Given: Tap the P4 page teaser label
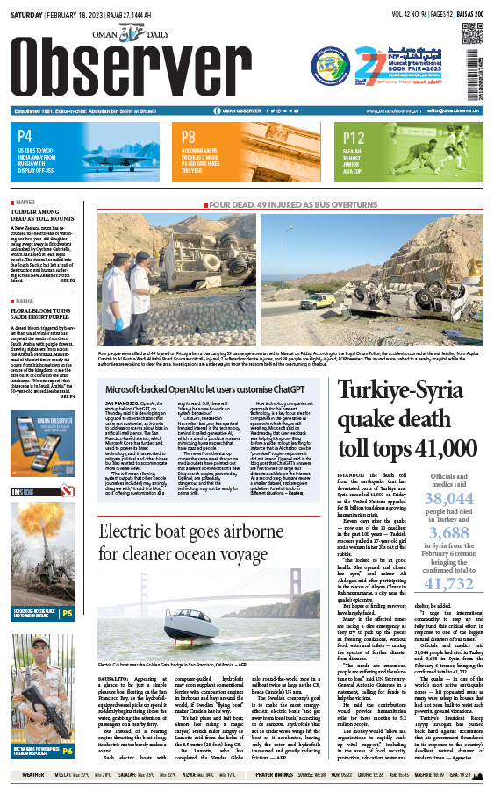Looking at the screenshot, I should (x=25, y=136).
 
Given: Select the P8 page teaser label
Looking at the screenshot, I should (x=189, y=136).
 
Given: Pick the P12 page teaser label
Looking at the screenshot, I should (x=354, y=137).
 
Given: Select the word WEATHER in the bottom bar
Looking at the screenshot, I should (x=33, y=774).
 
